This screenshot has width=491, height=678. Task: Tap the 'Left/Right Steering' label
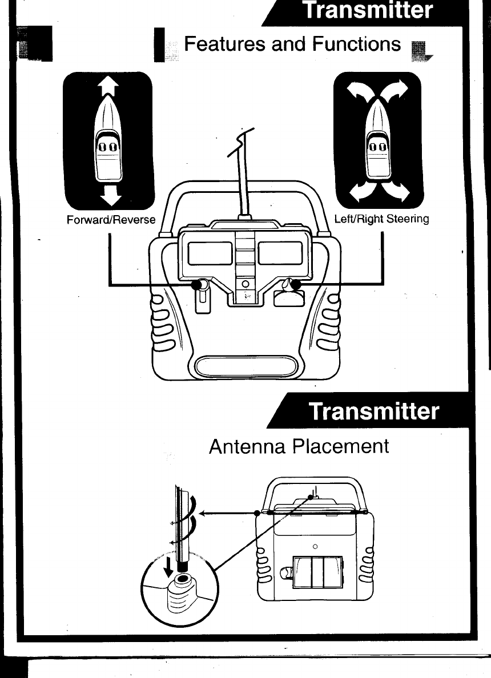click(x=381, y=219)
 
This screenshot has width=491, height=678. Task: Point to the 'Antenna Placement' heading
click(x=299, y=446)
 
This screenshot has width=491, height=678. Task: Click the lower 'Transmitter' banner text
click(x=375, y=412)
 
